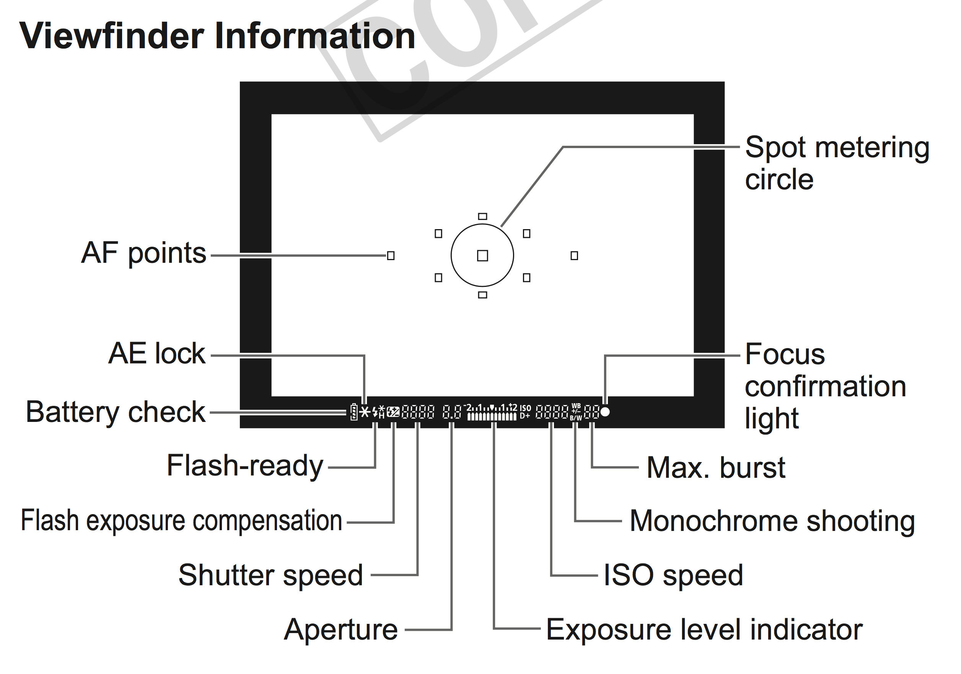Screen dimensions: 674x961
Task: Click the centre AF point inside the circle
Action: point(482,256)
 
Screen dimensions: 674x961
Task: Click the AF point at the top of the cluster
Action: point(482,217)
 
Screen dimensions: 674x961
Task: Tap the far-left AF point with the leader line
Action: point(391,256)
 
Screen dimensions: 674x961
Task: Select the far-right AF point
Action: point(574,256)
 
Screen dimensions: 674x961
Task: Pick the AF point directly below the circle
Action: point(482,295)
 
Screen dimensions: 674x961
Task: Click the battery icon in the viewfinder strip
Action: point(353,412)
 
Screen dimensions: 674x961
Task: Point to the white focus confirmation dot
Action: point(605,412)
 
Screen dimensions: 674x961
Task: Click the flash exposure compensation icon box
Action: point(393,412)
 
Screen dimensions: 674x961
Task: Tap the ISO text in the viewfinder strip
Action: point(525,408)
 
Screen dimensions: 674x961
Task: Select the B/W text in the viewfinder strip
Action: point(576,418)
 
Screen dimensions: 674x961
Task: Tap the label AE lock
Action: point(157,353)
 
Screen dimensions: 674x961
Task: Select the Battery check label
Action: point(116,412)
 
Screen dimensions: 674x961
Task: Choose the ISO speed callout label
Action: point(673,575)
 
